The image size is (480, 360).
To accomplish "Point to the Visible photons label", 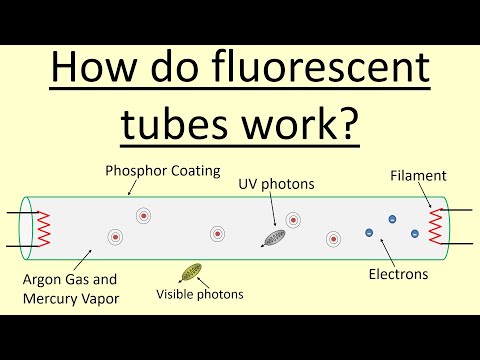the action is pos(200,294).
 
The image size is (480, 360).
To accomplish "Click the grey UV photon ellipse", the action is pos(272,238).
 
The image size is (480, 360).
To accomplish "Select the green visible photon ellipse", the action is pos(190,271).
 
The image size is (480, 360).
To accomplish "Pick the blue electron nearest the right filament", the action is pos(414,233).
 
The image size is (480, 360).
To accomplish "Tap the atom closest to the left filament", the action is pos(116,238).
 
